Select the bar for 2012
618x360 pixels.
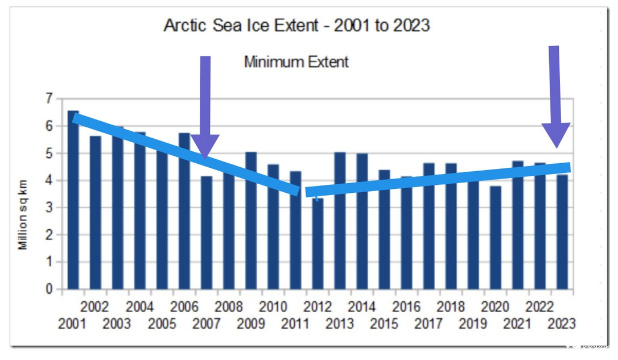[318, 245]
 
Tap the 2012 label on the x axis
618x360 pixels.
[318, 307]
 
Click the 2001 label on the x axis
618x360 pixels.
[72, 324]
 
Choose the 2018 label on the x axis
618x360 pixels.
[451, 307]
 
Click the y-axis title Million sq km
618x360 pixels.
[23, 219]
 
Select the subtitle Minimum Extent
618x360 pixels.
[296, 61]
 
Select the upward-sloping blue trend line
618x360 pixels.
[438, 178]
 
